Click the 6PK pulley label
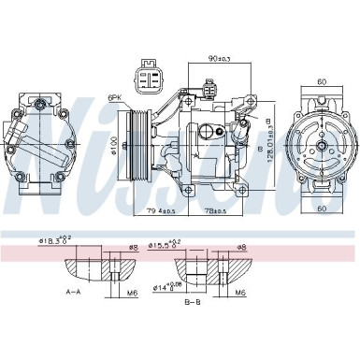[117, 96]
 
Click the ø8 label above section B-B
[241, 248]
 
